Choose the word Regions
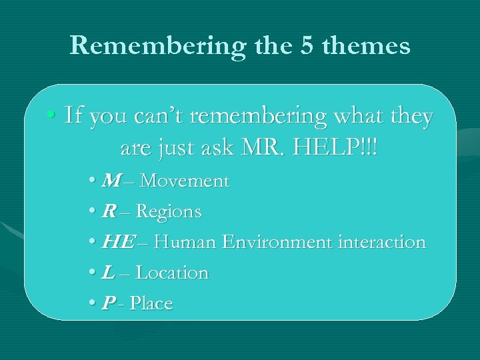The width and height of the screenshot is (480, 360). (170, 212)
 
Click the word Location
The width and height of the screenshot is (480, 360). (173, 273)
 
